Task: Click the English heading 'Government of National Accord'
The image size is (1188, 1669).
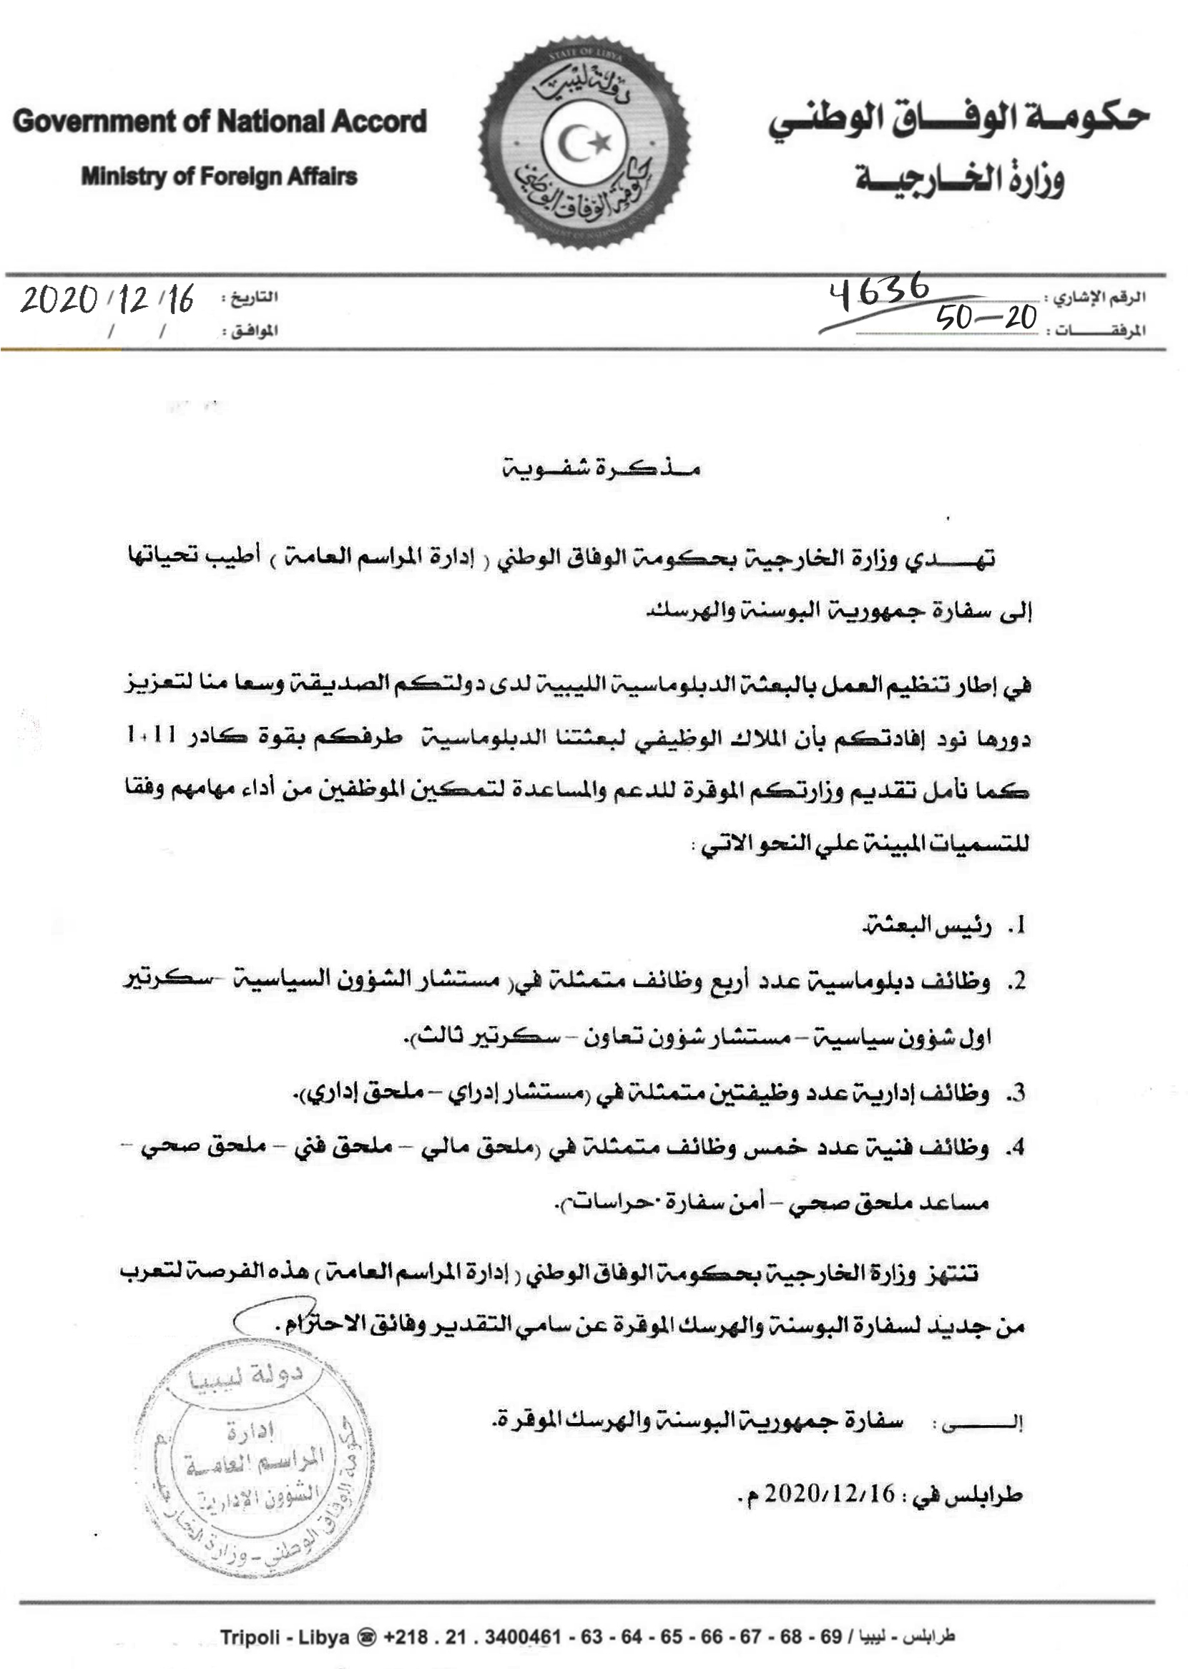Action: [220, 122]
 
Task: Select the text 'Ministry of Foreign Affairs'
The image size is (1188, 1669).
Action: [219, 176]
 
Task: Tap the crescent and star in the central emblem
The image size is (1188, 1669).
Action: [584, 142]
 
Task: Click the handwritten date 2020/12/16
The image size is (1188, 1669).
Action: [107, 299]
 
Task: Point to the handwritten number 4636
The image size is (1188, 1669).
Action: [878, 290]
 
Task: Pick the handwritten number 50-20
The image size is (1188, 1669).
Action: [987, 318]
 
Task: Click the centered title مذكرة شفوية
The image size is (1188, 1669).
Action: [602, 469]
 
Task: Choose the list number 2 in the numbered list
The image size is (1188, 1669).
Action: [1016, 982]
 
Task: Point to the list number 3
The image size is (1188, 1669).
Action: [1016, 1094]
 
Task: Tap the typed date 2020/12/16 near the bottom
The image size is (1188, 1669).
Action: [830, 1494]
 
